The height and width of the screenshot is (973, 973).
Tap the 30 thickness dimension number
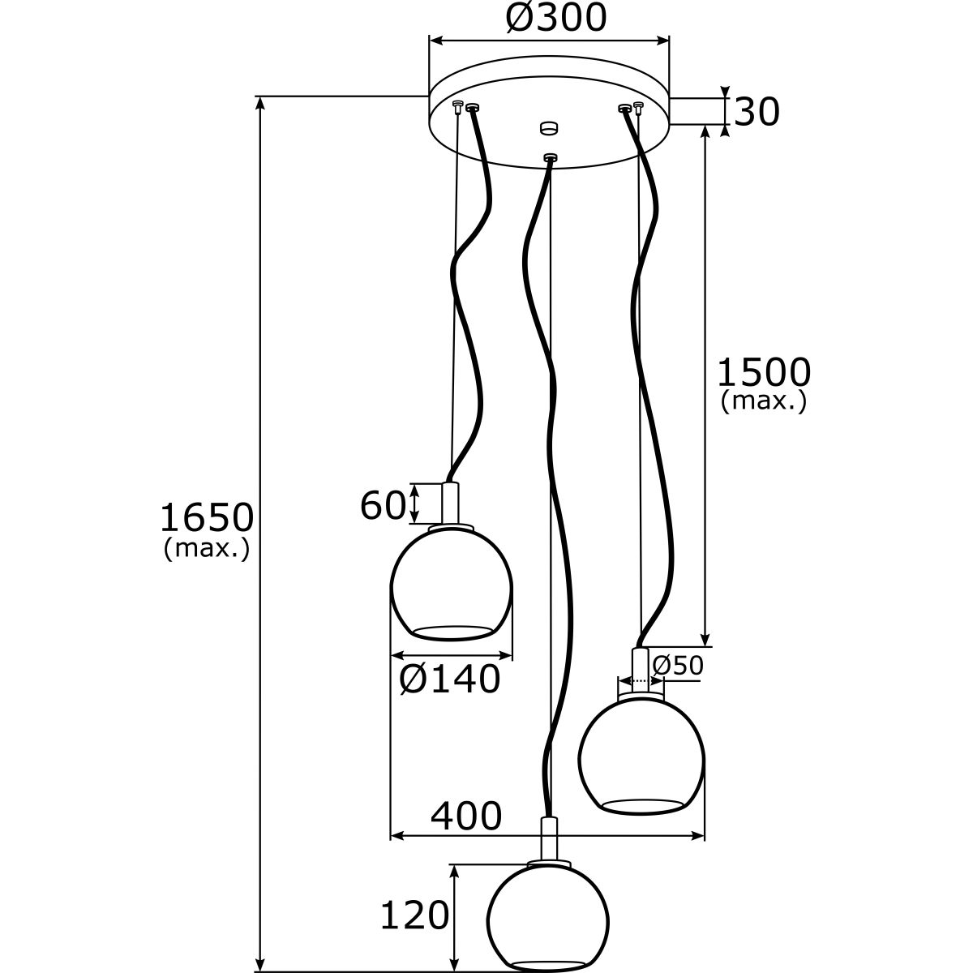click(x=757, y=112)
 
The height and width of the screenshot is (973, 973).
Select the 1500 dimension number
click(x=764, y=373)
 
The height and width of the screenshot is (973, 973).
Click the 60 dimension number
click(x=383, y=505)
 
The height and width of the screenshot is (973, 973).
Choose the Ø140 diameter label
click(x=449, y=679)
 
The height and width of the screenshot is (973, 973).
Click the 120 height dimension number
click(x=414, y=915)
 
